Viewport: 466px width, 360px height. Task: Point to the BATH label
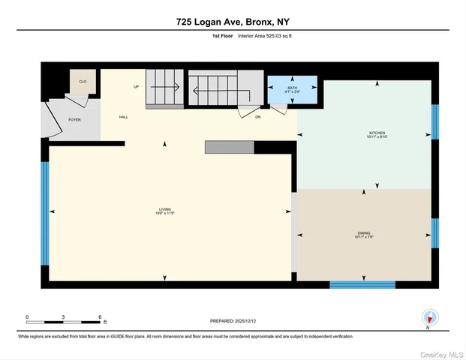[x=292, y=89]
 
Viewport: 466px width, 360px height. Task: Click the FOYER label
[x=74, y=119]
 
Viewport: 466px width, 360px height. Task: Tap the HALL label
[x=123, y=118]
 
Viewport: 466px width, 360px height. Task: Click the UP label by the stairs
[x=136, y=87]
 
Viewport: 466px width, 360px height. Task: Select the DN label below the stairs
[x=257, y=117]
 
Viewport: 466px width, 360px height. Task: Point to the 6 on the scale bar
[x=100, y=316]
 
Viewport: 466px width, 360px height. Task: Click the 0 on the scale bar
[x=27, y=316]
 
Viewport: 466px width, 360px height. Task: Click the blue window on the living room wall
[x=45, y=214]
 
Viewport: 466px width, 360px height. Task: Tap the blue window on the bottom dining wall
[x=362, y=284]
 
